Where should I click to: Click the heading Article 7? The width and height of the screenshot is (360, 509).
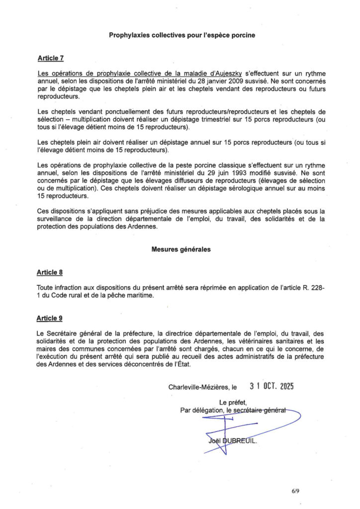50,58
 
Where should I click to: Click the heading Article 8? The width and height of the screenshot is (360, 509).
50,272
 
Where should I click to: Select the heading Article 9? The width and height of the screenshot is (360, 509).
50,318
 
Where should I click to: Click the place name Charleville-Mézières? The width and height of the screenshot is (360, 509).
199,387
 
